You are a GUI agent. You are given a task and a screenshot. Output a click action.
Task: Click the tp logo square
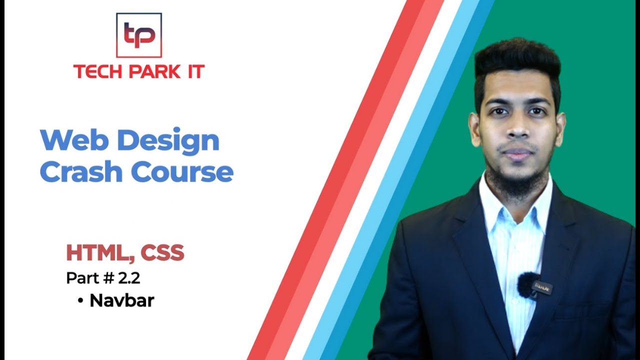139,35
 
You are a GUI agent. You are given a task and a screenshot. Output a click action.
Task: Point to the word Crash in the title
81,172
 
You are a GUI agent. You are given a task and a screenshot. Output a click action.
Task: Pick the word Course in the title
182,172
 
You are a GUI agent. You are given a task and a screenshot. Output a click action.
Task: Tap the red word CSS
162,253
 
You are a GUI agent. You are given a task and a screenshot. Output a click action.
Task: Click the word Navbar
122,300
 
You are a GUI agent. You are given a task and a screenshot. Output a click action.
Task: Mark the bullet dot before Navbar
80,301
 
